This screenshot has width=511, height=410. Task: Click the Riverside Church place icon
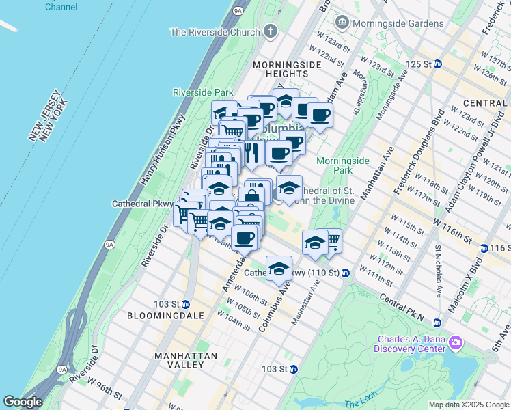(271, 32)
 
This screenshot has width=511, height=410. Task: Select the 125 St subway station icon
(439, 64)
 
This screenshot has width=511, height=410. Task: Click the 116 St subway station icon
(484, 247)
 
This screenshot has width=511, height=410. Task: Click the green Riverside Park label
(203, 92)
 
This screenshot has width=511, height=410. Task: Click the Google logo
(23, 402)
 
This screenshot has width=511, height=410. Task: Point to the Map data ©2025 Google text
(468, 405)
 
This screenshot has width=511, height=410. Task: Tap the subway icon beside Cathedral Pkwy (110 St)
(346, 273)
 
